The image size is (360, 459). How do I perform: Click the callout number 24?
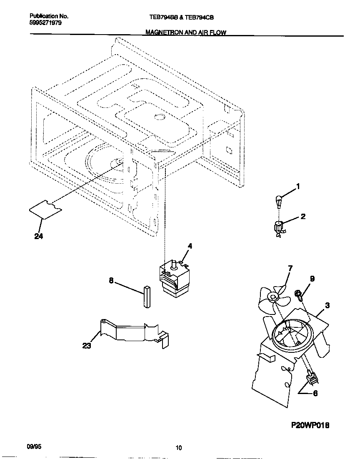[39, 237]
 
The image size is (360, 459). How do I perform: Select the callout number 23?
[87, 346]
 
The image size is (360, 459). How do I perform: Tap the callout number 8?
[111, 280]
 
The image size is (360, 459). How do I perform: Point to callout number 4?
[190, 246]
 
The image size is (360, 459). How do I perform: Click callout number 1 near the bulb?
[297, 186]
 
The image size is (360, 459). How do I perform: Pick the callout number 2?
[303, 216]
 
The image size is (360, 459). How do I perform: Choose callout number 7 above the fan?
[290, 269]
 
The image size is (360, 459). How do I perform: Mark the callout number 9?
[312, 279]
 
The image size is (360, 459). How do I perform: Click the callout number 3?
[327, 305]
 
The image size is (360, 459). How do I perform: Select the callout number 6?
[315, 393]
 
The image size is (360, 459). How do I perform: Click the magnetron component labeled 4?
[172, 279]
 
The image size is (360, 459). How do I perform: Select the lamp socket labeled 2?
[278, 228]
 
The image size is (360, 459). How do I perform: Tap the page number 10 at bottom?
[178, 448]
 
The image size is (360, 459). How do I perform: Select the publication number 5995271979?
[46, 23]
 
